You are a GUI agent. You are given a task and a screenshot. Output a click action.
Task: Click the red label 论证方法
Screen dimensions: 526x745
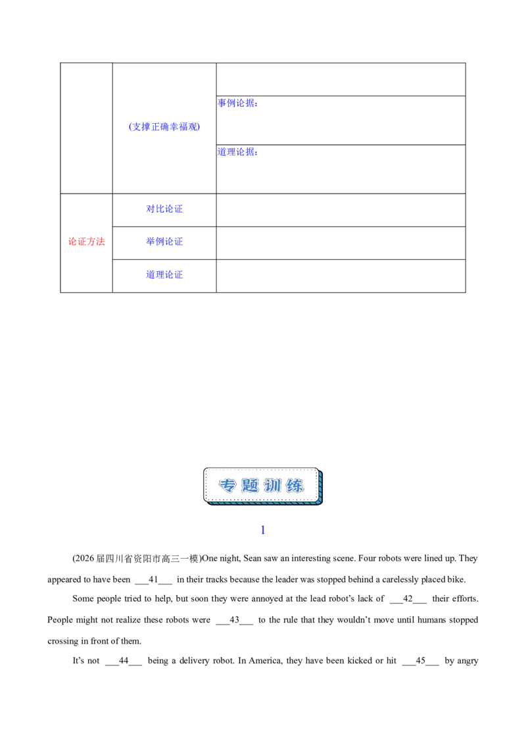click(x=86, y=242)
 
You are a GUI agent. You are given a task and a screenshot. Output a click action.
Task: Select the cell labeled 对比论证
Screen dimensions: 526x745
click(x=164, y=209)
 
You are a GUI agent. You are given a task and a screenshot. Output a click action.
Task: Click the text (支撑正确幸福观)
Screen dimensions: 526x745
click(x=164, y=127)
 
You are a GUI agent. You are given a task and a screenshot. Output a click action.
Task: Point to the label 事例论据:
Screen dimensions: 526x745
click(x=238, y=103)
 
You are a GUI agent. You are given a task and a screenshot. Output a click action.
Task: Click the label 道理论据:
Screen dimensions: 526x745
click(x=238, y=152)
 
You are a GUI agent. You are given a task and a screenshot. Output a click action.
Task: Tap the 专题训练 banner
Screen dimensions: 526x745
click(x=263, y=486)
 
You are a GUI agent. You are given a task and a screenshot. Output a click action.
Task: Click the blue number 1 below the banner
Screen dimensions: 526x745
click(x=263, y=530)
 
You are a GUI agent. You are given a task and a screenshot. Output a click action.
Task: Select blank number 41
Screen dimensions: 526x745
click(x=153, y=580)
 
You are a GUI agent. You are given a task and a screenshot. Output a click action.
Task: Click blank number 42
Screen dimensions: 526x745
click(x=408, y=599)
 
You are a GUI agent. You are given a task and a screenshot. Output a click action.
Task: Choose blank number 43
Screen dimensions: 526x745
click(x=235, y=620)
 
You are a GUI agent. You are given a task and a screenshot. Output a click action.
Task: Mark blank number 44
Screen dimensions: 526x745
click(x=124, y=661)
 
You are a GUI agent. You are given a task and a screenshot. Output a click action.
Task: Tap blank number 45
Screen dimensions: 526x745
click(x=421, y=661)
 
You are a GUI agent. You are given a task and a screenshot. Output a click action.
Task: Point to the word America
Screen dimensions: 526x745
click(x=266, y=661)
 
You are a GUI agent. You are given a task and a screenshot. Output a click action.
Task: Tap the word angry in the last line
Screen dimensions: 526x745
click(x=467, y=661)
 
